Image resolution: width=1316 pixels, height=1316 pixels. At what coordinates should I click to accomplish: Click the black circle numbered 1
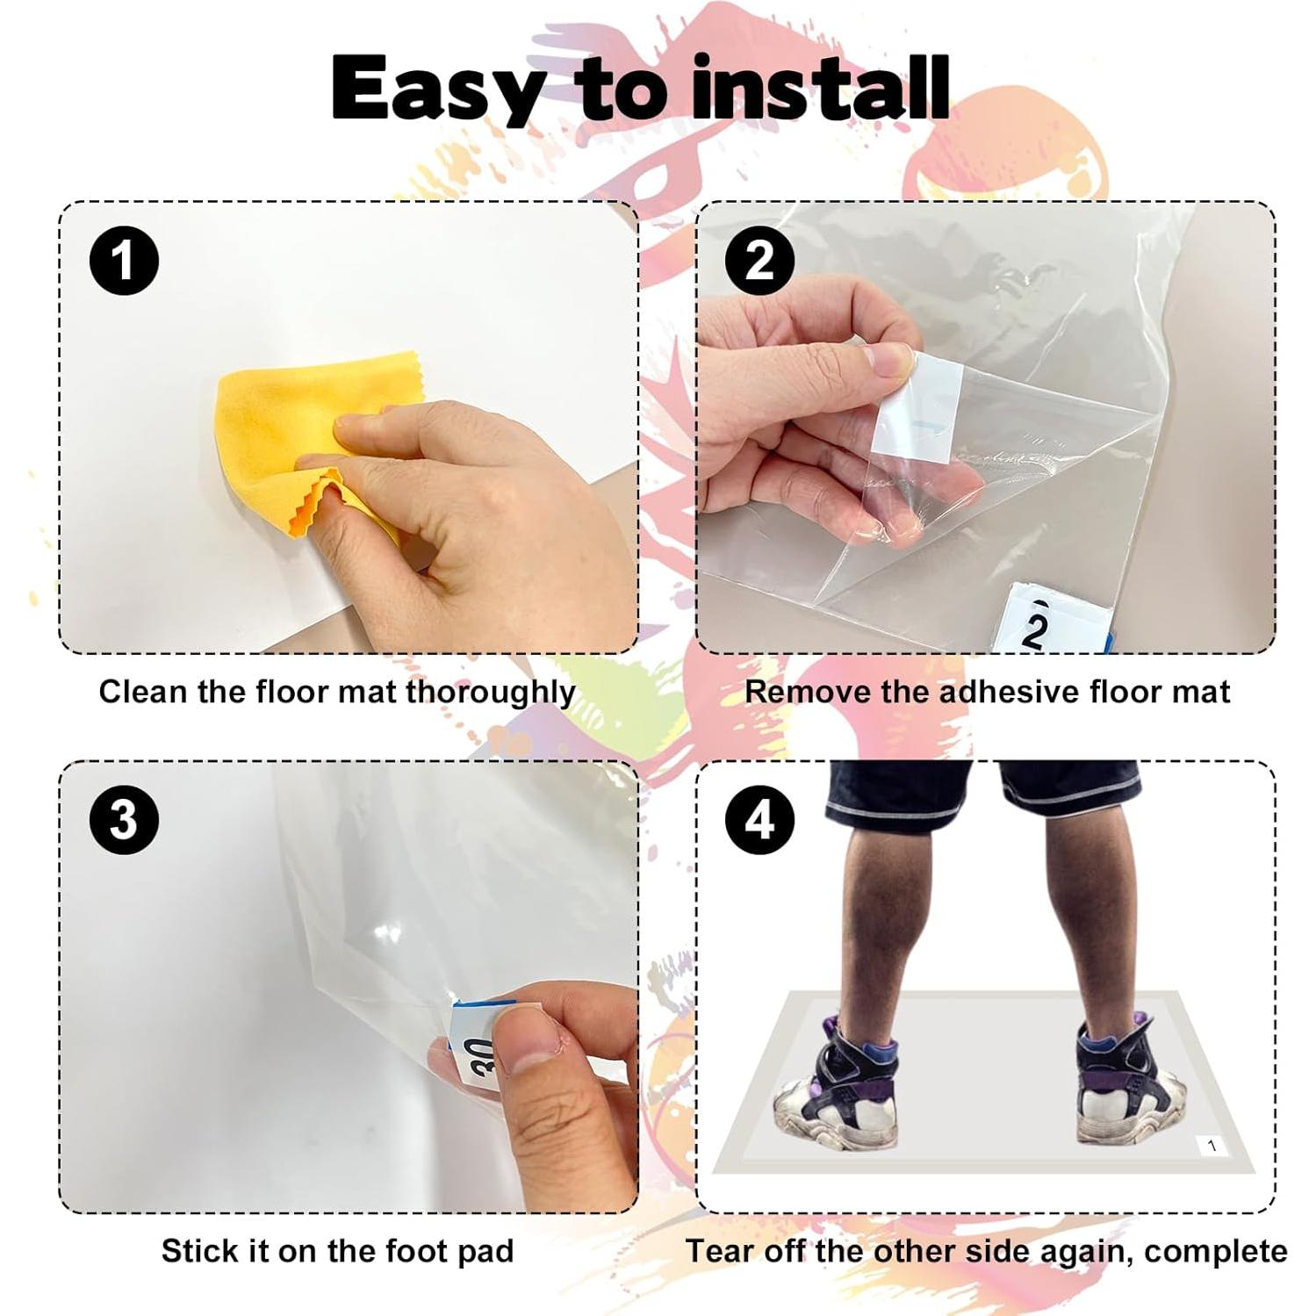click(x=124, y=261)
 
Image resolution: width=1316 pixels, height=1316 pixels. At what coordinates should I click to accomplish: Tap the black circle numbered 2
click(x=760, y=261)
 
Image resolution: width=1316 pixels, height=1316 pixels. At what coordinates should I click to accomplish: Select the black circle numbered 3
click(x=124, y=820)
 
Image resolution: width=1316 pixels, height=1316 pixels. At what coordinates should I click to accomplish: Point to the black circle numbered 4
click(x=760, y=820)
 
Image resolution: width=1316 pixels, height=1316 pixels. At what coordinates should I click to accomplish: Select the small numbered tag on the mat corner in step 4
click(x=1212, y=1146)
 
